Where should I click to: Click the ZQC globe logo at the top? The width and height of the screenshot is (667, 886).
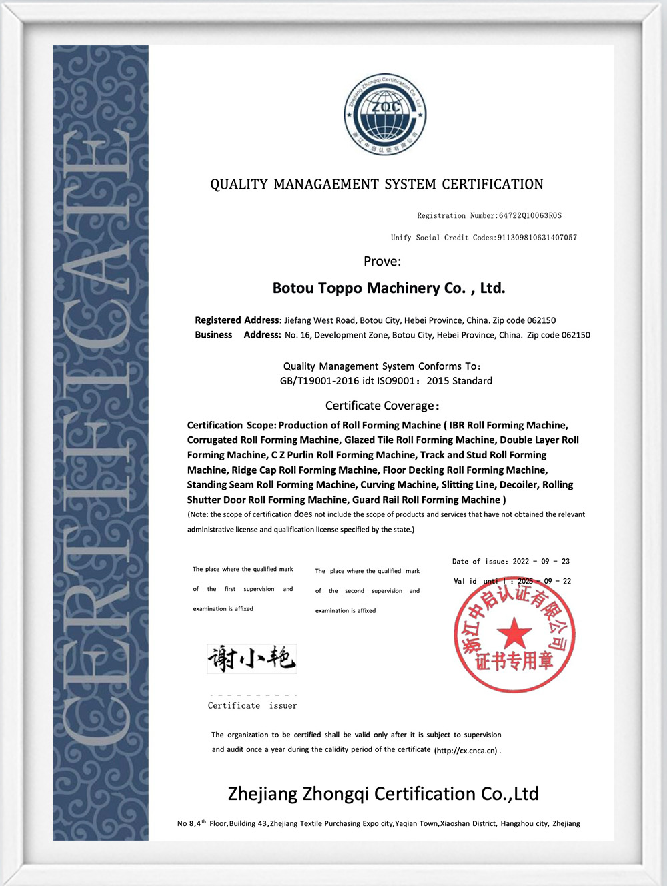[x=386, y=114]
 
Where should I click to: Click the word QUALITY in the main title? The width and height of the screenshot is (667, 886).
[x=239, y=185]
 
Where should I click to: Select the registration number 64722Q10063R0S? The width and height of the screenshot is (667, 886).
[x=530, y=216]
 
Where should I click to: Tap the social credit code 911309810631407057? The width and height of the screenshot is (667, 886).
[x=537, y=238]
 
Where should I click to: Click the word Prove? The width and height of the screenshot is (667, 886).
[x=382, y=262]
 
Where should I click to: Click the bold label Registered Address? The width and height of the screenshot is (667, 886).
[x=237, y=320]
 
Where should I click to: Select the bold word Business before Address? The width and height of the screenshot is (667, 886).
[x=213, y=335]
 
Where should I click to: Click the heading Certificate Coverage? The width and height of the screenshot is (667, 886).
[x=382, y=406]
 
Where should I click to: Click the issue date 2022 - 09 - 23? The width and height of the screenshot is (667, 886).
[x=541, y=562]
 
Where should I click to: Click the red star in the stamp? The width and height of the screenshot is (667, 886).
[x=514, y=633]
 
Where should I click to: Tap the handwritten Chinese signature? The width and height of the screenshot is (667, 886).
[x=251, y=658]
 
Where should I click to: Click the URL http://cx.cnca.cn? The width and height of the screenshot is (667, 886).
[x=466, y=751]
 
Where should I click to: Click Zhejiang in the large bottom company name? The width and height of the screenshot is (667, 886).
[x=262, y=794]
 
